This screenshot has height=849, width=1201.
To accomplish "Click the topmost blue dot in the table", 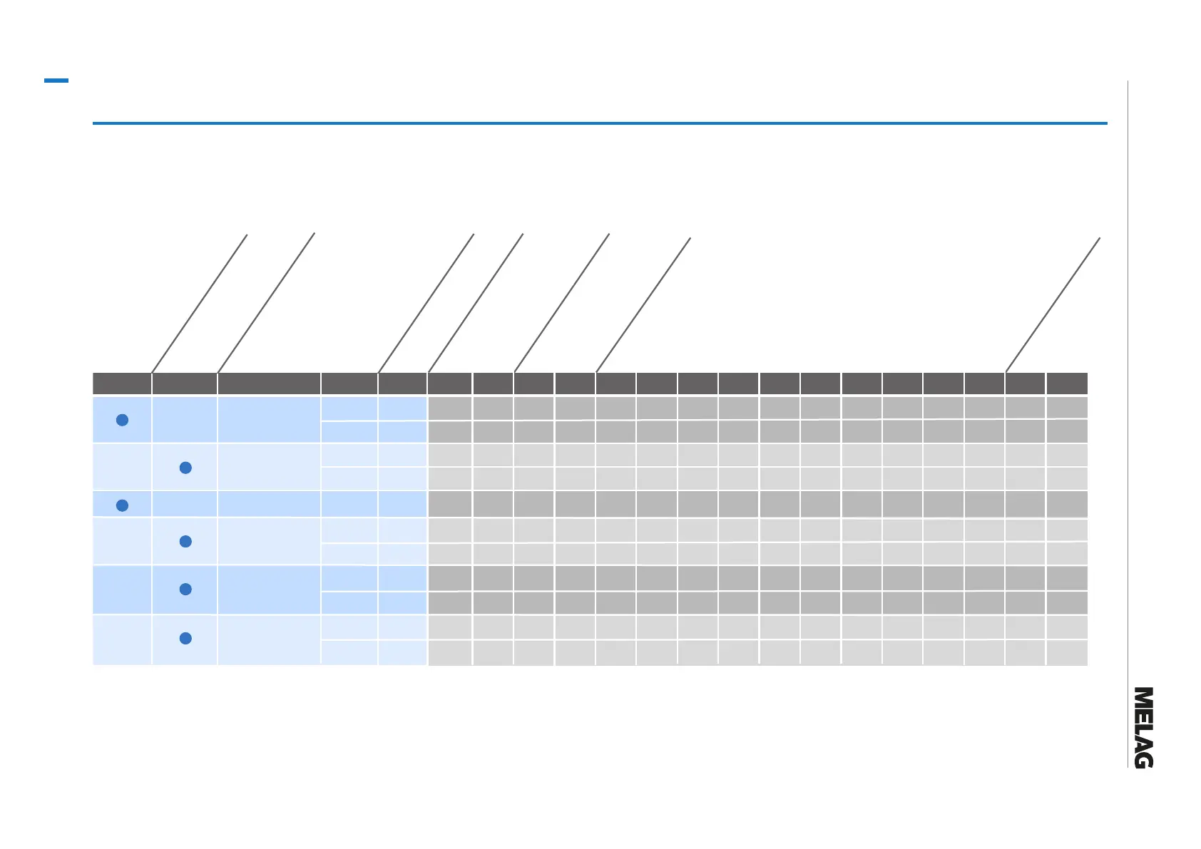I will coord(122,420).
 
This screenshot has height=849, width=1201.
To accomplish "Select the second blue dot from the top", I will coord(185,468).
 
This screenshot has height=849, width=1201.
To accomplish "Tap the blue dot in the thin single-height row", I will coord(122,505).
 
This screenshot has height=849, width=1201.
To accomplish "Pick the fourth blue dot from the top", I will coord(185,542).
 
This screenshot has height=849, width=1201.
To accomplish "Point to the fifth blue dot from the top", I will coord(185,589).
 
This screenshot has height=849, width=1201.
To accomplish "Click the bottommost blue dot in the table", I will coord(185,638).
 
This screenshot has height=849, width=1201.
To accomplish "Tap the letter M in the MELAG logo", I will coord(1143,697).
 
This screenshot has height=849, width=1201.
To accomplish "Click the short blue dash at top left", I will coord(56,81).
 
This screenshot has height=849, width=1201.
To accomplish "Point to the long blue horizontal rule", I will coord(599,123).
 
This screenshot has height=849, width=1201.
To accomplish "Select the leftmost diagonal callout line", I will coord(200,302).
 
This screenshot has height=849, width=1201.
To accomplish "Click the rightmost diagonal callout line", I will coord(1053,304).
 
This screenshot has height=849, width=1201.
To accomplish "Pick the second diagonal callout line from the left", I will coord(266,302).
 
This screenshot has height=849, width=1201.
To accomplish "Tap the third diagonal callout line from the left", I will coord(426,302).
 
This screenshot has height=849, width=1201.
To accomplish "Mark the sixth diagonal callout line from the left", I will coord(643,304).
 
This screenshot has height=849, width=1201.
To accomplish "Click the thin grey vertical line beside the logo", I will coord(1128,428).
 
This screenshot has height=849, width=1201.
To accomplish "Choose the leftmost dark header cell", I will coord(122,384).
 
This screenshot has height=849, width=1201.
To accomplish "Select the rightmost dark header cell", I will coord(1067,384).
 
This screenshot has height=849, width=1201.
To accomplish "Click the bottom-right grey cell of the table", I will coord(1067,653).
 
